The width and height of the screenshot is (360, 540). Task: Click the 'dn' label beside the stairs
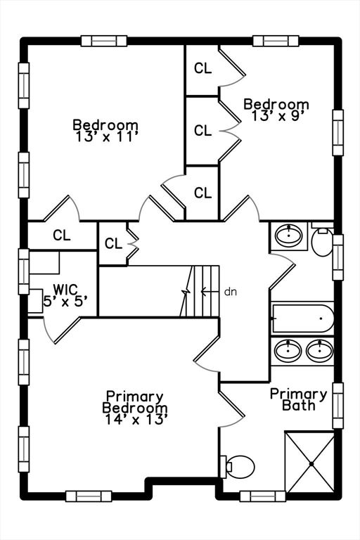(x=231, y=292)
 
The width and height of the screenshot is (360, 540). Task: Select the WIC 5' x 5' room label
(x=65, y=295)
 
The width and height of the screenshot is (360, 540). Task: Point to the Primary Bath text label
(x=298, y=399)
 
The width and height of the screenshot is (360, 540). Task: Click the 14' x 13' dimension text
(x=136, y=420)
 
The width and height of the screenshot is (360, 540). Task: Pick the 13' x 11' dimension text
(x=107, y=136)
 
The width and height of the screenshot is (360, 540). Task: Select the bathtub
(x=303, y=319)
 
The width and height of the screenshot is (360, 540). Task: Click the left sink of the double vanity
(x=288, y=351)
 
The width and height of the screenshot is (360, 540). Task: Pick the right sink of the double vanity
(x=320, y=351)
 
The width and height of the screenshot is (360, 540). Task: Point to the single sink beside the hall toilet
(x=289, y=236)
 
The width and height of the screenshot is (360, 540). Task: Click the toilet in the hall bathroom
(x=323, y=240)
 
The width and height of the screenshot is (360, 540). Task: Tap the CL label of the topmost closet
(x=203, y=68)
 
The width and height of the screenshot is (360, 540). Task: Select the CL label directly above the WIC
(x=62, y=236)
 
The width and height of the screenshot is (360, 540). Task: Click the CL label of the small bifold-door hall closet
(x=113, y=243)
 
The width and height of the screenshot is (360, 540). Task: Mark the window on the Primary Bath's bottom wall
(x=262, y=496)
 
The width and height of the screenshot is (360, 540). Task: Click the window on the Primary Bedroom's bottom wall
(x=89, y=496)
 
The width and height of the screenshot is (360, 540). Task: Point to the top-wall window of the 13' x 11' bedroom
(x=104, y=41)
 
